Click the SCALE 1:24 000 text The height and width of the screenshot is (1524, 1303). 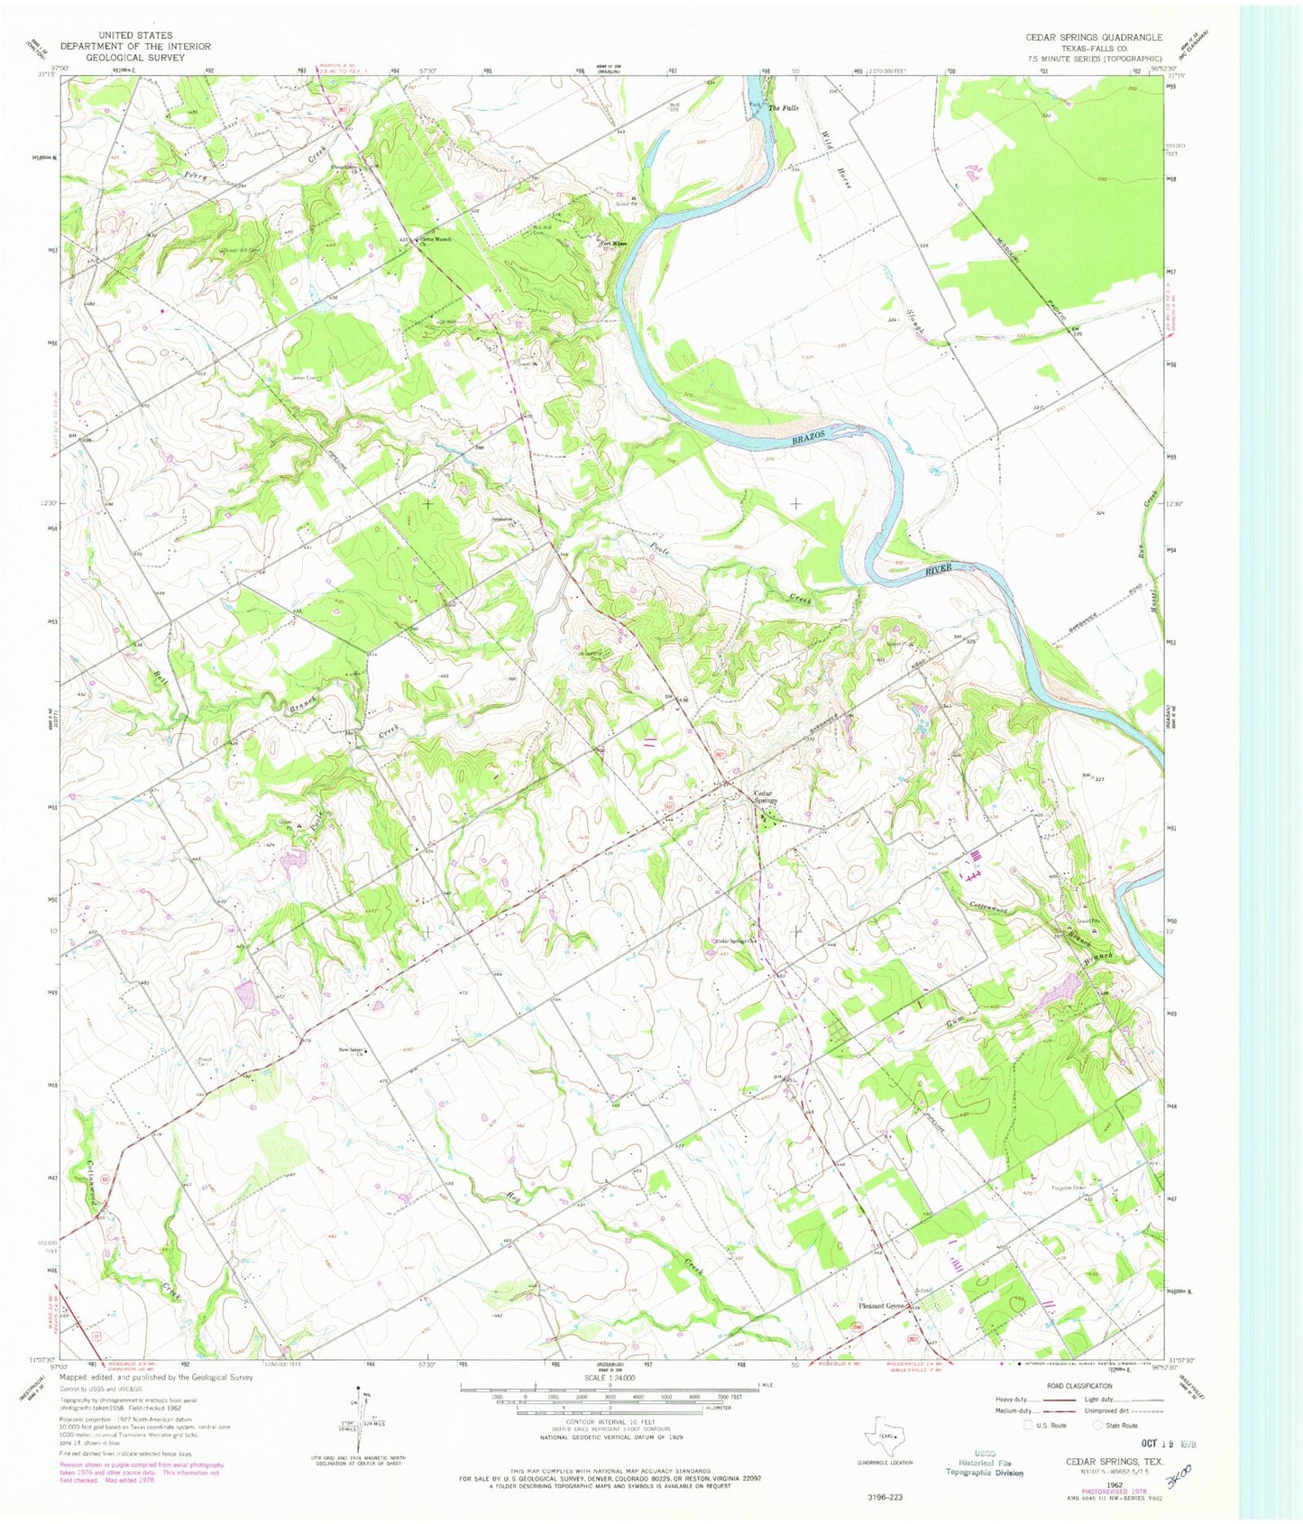tap(610, 1378)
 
